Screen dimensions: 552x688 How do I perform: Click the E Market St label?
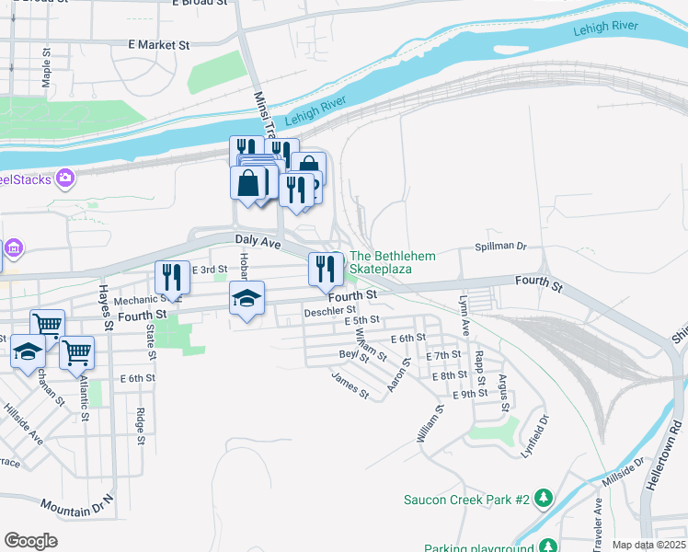pos(158,44)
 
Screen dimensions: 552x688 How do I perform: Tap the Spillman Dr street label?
pos(499,247)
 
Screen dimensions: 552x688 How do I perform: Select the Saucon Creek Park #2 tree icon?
pos(544,500)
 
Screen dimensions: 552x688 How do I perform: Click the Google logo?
pos(30,541)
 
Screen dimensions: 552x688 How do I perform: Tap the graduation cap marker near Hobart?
pos(247,299)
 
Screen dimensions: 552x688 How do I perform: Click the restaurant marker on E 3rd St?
pos(172,276)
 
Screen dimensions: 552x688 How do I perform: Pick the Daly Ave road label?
pos(258,241)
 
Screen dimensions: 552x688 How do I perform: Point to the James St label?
pos(350,385)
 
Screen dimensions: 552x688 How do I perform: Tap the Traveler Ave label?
pos(597,518)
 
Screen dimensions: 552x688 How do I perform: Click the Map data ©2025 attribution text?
pos(647,545)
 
